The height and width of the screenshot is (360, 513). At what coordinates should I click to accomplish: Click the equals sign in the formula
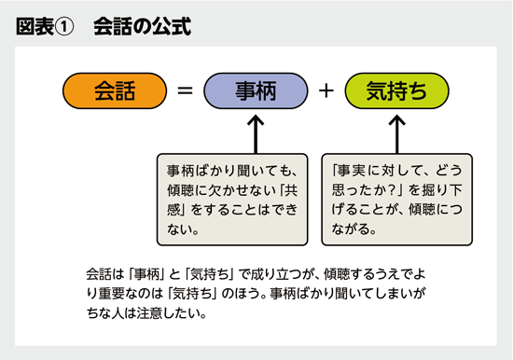pos(186,91)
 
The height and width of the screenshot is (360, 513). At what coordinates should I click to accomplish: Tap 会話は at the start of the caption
pos(101,274)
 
